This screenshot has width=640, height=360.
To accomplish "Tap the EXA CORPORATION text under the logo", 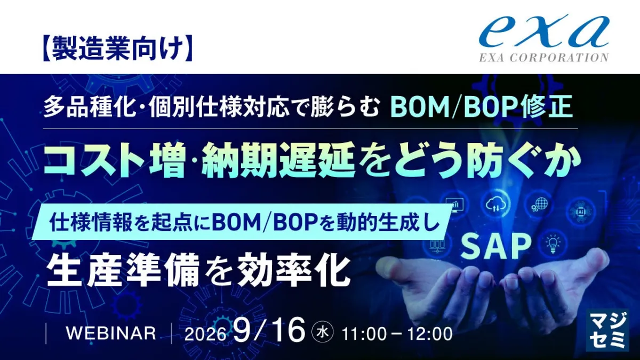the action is click(544, 58).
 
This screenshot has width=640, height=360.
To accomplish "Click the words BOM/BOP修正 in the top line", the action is click(482, 107).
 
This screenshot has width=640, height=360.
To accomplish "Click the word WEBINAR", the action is click(111, 333).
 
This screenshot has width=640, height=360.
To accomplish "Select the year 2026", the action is click(205, 334).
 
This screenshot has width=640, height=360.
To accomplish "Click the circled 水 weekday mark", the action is click(322, 332).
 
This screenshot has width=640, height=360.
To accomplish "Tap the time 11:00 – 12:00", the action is click(397, 334).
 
